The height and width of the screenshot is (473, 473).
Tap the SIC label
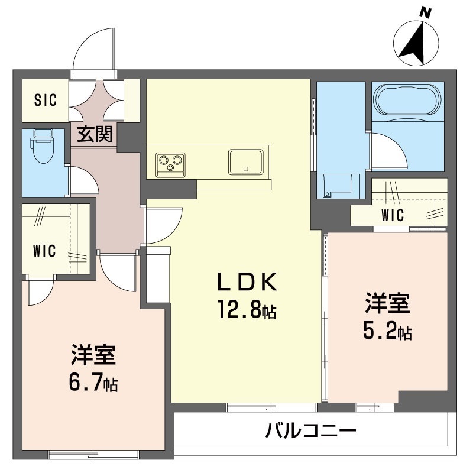click(x=45, y=100)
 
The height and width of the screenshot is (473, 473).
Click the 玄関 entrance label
click(x=95, y=135)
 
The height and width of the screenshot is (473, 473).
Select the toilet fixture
click(x=43, y=148)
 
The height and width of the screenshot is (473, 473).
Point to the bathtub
click(x=406, y=98)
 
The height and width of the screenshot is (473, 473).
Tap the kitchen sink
click(x=246, y=162)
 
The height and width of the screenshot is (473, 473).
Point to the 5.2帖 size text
click(x=387, y=332)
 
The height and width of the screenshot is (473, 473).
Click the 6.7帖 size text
click(x=95, y=384)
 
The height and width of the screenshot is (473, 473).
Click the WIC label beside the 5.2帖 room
click(x=393, y=215)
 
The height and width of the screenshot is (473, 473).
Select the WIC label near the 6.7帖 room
click(x=44, y=251)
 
